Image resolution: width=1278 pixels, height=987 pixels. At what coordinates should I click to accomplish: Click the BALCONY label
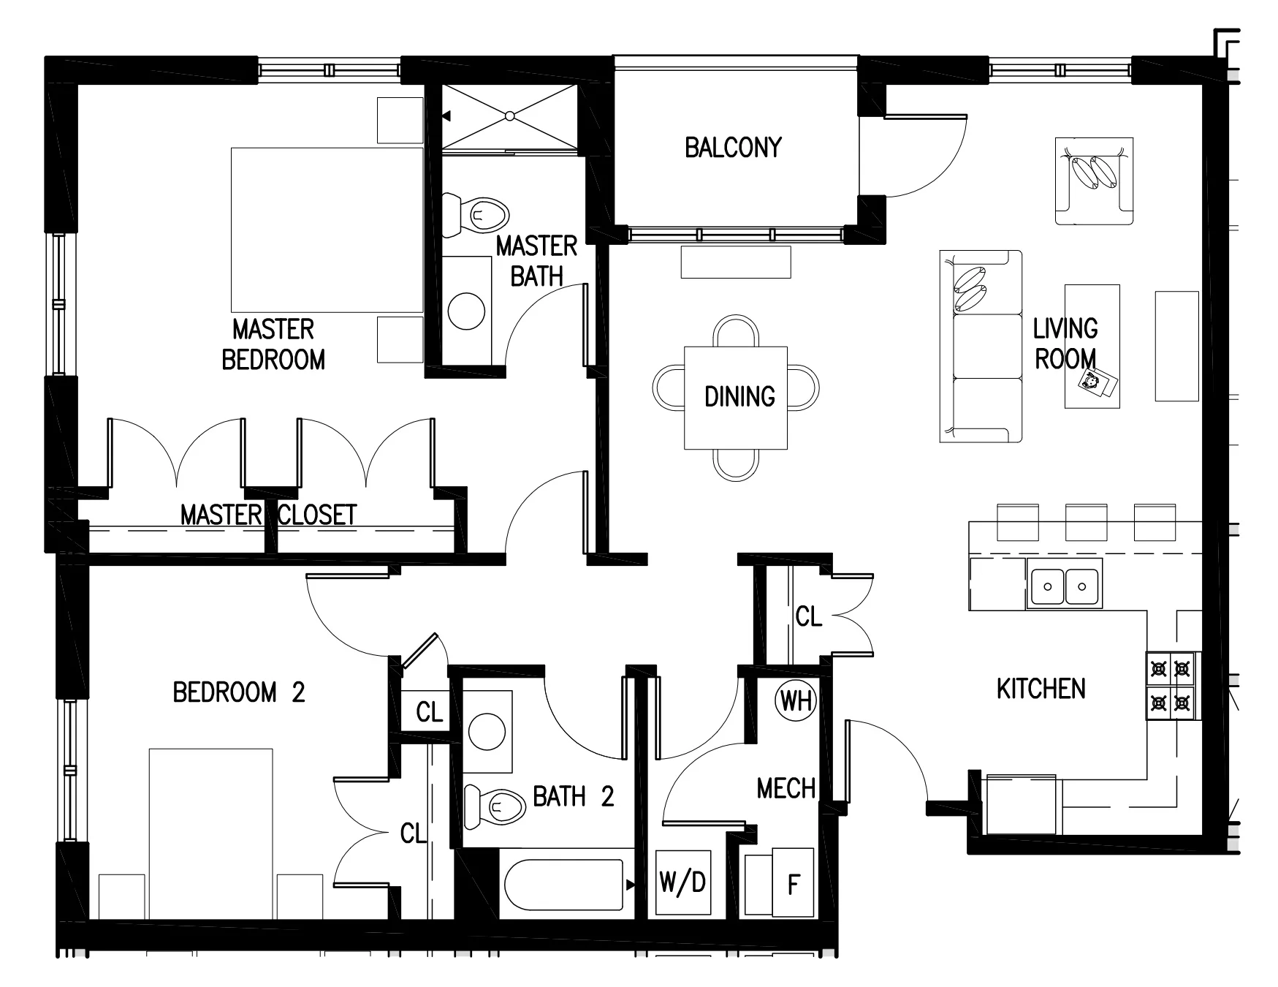tap(733, 148)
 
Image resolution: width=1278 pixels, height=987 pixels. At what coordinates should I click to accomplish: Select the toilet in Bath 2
tap(497, 806)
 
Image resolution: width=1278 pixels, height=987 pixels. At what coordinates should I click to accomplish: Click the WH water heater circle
tap(796, 701)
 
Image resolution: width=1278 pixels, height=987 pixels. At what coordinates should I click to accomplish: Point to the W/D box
tap(682, 882)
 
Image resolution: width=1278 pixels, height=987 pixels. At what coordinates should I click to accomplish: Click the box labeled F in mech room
tap(793, 884)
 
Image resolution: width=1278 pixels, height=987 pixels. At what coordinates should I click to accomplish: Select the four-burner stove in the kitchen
tap(1170, 686)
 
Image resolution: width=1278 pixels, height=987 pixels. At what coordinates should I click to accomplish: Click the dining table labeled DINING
tap(736, 398)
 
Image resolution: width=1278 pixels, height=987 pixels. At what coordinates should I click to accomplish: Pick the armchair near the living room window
tap(1094, 181)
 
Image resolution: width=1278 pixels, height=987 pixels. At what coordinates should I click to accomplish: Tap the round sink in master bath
tap(466, 311)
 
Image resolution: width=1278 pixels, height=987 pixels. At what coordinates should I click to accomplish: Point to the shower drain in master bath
tap(510, 116)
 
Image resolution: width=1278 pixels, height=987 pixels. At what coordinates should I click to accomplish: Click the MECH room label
tap(786, 789)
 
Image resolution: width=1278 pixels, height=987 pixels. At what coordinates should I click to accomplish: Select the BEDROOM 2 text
tap(238, 692)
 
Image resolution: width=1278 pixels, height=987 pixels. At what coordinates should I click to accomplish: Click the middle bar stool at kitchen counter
tap(1085, 521)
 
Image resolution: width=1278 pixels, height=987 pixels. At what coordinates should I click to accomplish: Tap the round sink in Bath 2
tap(487, 732)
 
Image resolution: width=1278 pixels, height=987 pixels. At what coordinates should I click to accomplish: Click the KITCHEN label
tap(1041, 689)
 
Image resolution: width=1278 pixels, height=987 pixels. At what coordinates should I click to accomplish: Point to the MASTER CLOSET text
tap(268, 515)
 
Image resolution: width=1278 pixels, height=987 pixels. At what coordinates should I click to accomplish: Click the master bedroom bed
tap(327, 230)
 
